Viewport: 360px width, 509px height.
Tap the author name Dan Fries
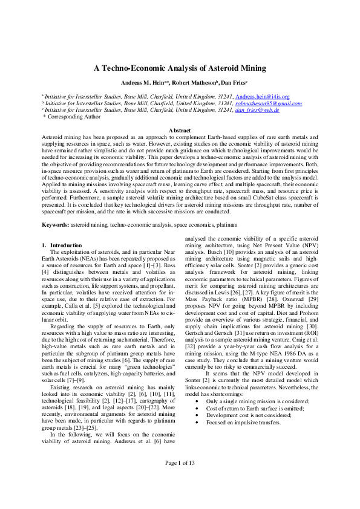(x=229, y=82)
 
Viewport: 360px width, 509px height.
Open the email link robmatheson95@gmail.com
(x=268, y=103)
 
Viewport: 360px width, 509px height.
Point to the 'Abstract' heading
(x=180, y=131)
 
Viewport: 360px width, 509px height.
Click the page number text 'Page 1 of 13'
(x=180, y=479)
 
